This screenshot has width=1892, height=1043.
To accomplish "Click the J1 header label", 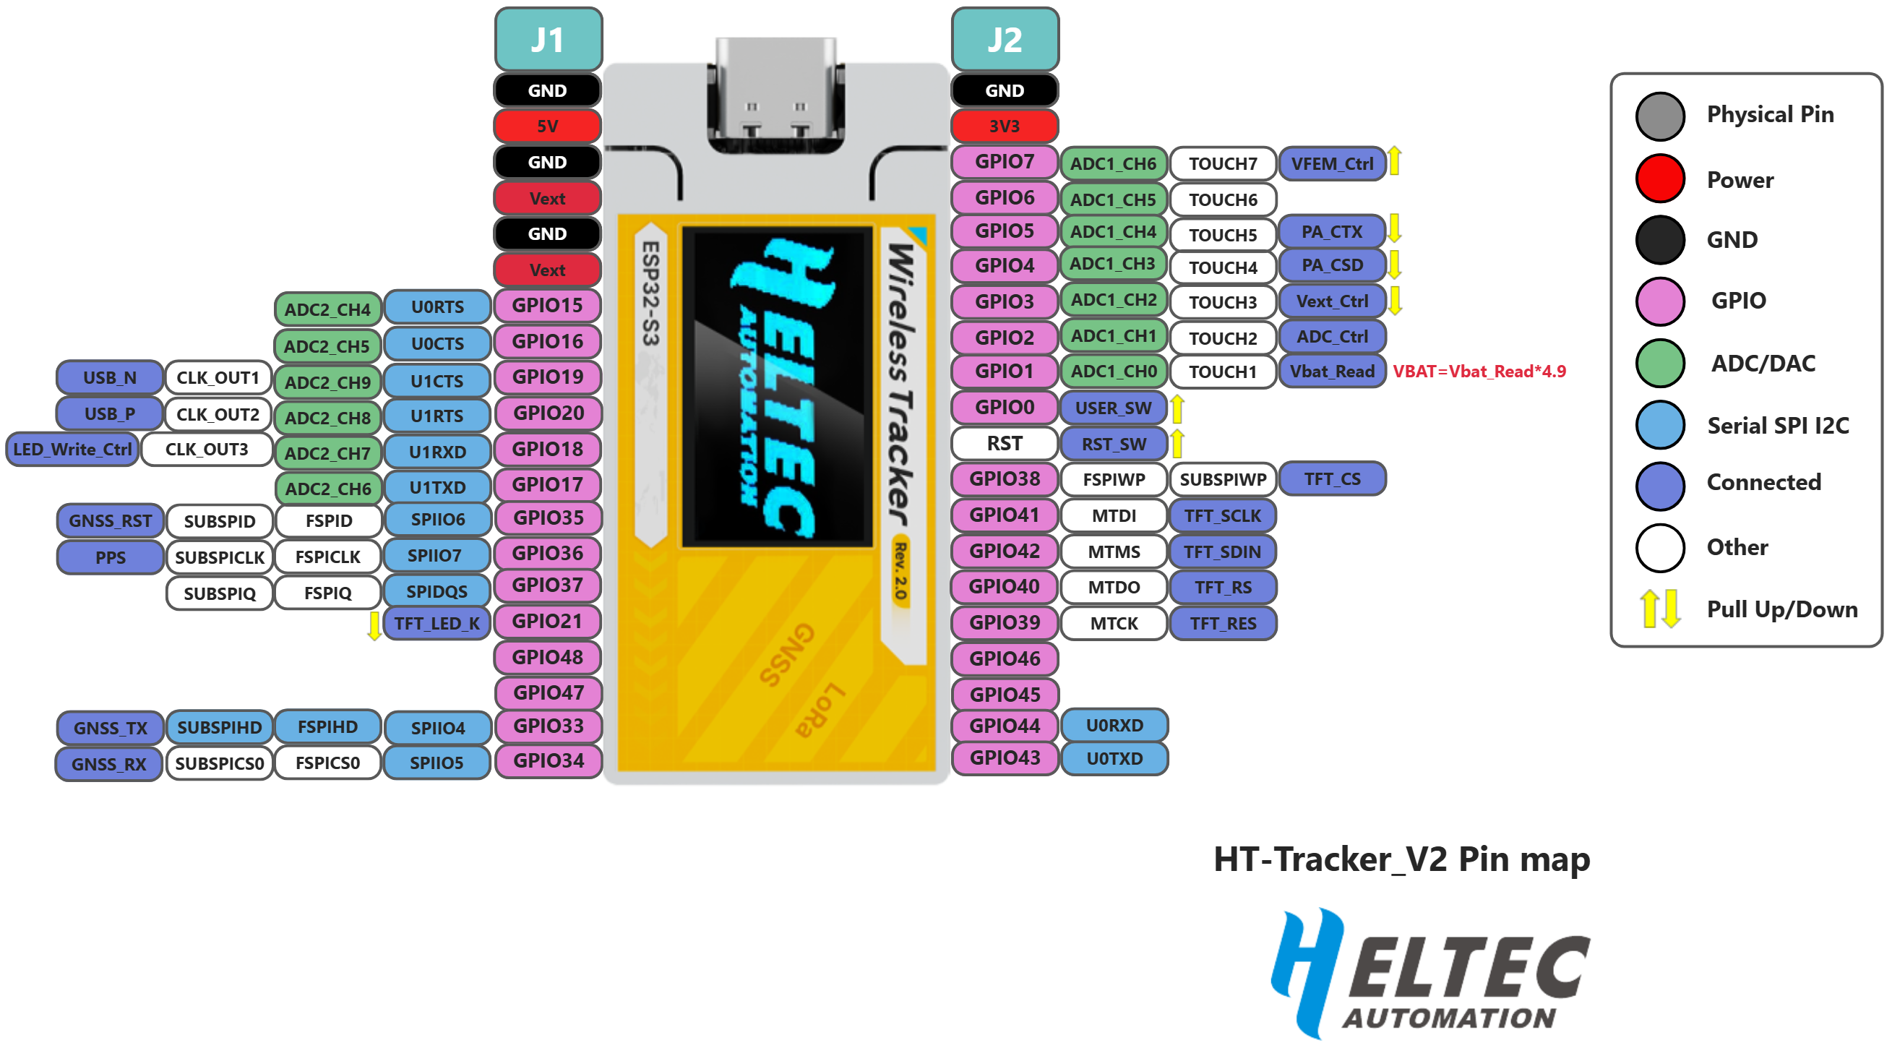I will [548, 40].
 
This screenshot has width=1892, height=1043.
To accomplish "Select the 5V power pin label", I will [548, 126].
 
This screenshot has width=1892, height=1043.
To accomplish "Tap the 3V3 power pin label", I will [1004, 126].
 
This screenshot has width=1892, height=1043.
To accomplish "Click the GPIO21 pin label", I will [548, 622].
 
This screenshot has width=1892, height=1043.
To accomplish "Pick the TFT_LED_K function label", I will [437, 624].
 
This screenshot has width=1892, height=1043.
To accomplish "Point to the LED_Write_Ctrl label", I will [72, 450].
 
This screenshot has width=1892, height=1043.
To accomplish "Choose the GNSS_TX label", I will [110, 728].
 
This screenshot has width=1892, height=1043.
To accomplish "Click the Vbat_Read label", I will [1332, 372].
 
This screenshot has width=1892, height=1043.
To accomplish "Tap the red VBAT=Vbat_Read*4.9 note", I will [1479, 372].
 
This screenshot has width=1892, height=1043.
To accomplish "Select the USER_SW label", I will [1113, 408].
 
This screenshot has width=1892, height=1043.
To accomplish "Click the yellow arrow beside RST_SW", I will [1177, 444].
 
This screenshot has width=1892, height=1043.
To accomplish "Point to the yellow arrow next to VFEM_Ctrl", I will [1394, 162].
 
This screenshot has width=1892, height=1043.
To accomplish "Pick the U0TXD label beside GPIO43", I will [1114, 759].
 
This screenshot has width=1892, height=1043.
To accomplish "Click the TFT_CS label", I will [1332, 479].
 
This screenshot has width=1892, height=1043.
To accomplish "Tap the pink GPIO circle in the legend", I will [1660, 301].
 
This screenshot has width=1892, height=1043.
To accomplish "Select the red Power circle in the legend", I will [1660, 179].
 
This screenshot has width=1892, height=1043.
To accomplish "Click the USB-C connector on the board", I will [775, 95].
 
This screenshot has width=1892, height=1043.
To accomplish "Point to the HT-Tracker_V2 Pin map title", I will [1401, 859].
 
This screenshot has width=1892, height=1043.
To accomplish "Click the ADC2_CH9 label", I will [327, 382].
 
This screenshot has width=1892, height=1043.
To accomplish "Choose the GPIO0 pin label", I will [1004, 408].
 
